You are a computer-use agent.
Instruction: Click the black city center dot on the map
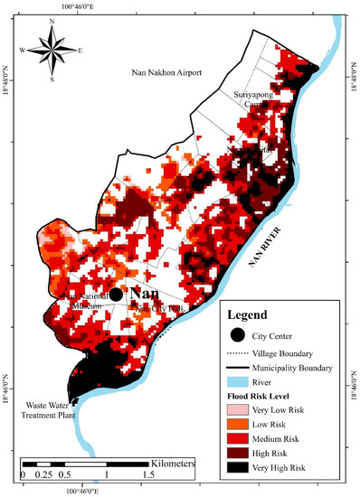tap(116, 295)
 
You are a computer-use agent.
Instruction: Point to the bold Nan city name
tap(146, 295)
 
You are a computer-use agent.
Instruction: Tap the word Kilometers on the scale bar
tap(170, 463)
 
